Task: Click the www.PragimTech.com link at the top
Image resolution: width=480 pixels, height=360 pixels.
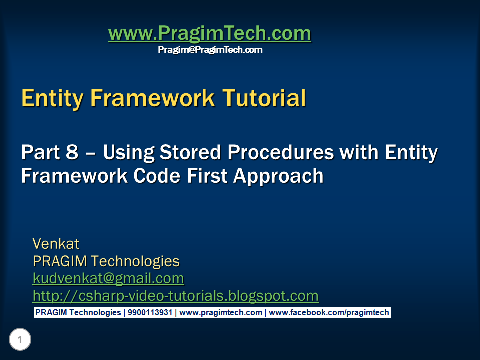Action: tap(210, 33)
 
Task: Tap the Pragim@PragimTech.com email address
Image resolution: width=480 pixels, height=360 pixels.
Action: tap(210, 50)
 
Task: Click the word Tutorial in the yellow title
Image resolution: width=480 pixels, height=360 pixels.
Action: tap(264, 98)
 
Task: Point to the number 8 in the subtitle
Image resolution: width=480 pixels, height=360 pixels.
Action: tap(72, 152)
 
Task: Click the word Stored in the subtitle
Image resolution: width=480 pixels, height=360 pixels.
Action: tap(190, 152)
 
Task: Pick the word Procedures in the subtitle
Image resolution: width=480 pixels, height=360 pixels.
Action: tap(280, 152)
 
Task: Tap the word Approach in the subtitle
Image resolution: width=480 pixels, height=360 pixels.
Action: tap(278, 176)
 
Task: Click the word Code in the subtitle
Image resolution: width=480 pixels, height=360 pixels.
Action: tap(156, 176)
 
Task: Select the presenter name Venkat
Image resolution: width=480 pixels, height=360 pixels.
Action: tap(56, 244)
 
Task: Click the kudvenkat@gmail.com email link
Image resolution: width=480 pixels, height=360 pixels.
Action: tap(108, 278)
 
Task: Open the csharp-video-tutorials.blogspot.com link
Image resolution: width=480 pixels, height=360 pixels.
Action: tap(175, 296)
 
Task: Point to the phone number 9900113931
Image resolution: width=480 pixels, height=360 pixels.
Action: tap(150, 313)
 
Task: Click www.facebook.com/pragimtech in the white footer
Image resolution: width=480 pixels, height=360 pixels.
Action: tap(329, 313)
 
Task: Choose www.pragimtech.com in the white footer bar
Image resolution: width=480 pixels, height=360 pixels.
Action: tap(221, 313)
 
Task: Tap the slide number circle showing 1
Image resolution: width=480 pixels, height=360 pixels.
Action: tap(20, 339)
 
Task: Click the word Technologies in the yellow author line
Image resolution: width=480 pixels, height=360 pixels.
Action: tap(135, 261)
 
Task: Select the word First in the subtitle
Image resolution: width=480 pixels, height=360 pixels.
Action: tap(207, 176)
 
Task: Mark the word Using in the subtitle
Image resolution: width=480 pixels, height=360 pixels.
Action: tap(129, 153)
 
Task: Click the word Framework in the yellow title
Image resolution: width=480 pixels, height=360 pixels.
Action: tap(153, 98)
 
